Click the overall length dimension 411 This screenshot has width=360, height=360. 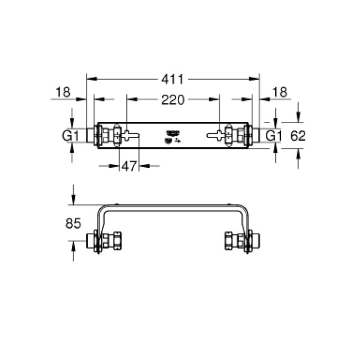173,80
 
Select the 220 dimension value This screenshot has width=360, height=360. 172,100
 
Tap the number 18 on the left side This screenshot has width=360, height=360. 63,92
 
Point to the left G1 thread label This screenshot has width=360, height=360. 69,136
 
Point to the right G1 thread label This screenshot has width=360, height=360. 274,136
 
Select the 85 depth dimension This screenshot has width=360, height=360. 73,224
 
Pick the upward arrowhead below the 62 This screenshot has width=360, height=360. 298,156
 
